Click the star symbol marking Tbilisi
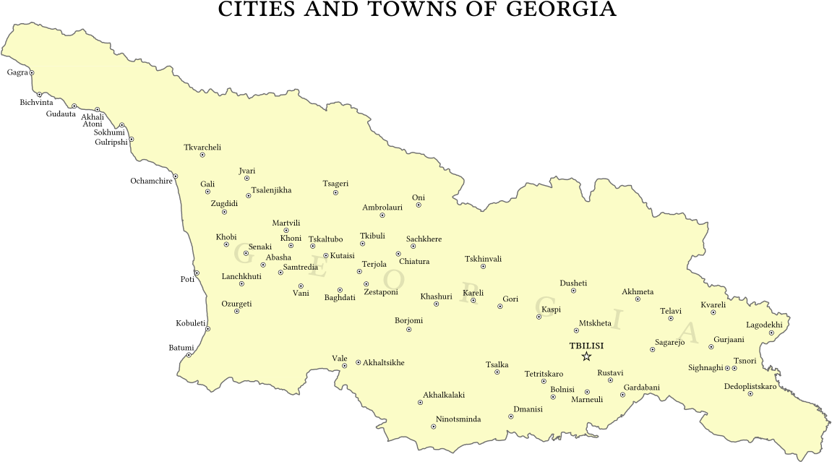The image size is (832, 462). [x=586, y=356]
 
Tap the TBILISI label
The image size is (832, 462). [x=586, y=346]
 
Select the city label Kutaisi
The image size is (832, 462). [x=343, y=256]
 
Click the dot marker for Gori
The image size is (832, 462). [x=499, y=307]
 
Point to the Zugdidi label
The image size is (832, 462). [x=224, y=203]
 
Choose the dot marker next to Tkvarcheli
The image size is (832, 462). [x=202, y=155]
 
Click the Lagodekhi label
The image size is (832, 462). [x=764, y=325]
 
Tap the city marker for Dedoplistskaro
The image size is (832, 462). [x=750, y=393]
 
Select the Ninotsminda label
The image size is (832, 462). [x=458, y=419]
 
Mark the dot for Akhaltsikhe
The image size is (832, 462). [x=359, y=362]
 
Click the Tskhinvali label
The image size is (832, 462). [x=483, y=259]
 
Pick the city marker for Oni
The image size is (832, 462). [x=419, y=205]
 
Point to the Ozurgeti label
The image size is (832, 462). [x=236, y=304]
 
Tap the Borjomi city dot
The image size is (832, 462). [x=409, y=330]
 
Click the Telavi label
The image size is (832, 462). [x=671, y=311]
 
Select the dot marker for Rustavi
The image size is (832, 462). [x=610, y=380]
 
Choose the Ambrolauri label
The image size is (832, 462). [x=382, y=208]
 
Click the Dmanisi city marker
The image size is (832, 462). [x=511, y=416]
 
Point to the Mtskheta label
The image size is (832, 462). [x=596, y=323]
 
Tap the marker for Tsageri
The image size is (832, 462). [x=335, y=192]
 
